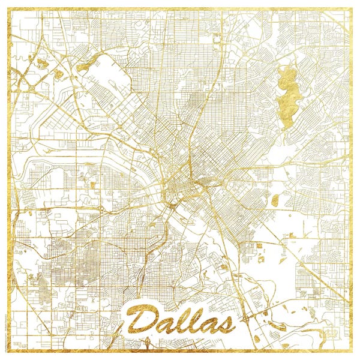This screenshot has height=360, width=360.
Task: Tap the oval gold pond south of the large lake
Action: coord(274,200)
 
